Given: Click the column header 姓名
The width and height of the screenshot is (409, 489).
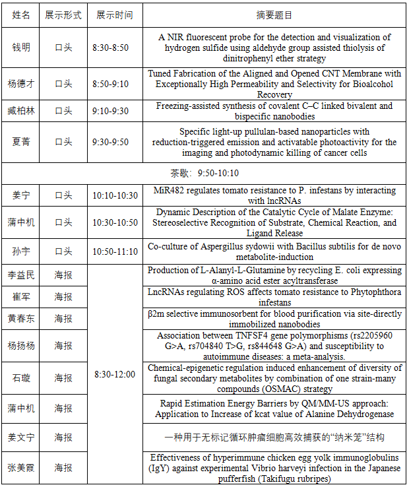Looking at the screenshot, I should [21, 15].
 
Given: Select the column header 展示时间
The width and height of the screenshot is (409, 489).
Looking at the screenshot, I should [114, 15].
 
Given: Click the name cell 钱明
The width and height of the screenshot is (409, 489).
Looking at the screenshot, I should [21, 48].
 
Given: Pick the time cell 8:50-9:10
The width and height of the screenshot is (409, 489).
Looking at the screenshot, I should [111, 84].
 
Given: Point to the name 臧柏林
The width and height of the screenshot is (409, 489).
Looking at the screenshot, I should [21, 111].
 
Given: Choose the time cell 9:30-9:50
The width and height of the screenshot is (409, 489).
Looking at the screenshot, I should [111, 142].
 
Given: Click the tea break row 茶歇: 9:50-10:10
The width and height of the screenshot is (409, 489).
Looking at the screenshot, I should [205, 173].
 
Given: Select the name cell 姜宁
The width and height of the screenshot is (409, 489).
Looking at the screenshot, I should [21, 195].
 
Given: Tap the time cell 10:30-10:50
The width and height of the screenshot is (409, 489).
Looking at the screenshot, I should [115, 223].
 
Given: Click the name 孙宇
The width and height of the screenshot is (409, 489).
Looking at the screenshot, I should [21, 251].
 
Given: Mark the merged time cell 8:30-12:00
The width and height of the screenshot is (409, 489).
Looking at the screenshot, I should [115, 375].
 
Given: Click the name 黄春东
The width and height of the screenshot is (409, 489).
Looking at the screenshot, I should [21, 319].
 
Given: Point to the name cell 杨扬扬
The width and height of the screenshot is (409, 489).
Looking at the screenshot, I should [21, 346].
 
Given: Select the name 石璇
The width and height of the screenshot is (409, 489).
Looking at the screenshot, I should [21, 378].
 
